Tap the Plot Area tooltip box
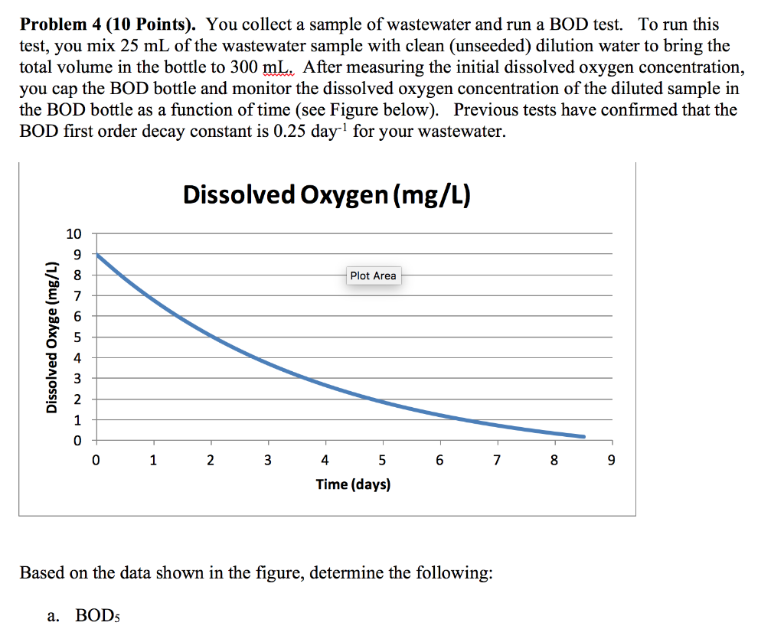(x=373, y=275)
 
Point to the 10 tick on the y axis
(x=73, y=233)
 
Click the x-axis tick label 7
(x=497, y=461)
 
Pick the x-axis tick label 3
(x=267, y=461)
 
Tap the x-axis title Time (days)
(x=353, y=484)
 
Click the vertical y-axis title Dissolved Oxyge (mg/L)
(x=52, y=337)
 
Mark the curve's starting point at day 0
(x=97, y=255)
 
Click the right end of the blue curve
(x=583, y=437)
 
